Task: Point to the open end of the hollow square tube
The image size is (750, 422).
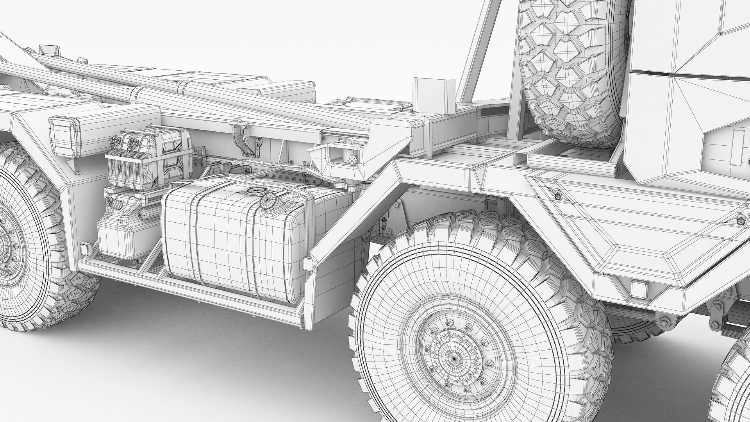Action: pos(519,158)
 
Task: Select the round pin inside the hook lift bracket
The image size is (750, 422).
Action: pos(352,159)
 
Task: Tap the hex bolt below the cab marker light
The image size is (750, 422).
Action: pos(662,323)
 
